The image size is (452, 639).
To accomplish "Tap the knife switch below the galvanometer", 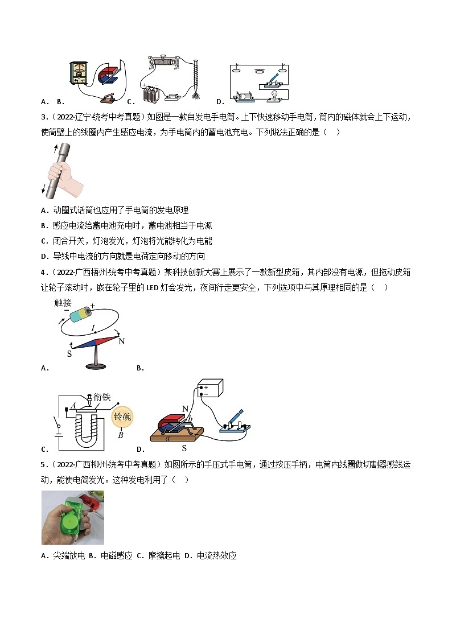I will click(109, 98).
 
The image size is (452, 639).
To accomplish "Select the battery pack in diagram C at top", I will click(151, 93).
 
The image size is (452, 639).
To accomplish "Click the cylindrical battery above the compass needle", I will click(79, 314).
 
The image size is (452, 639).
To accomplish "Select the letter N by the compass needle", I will click(121, 341).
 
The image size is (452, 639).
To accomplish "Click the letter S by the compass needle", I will click(69, 354).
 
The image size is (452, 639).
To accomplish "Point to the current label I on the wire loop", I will click(93, 328).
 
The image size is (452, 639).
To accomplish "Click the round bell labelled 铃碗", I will click(122, 417).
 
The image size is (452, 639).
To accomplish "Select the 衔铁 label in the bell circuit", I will click(102, 396).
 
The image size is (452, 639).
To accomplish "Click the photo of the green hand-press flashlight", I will click(73, 517).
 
